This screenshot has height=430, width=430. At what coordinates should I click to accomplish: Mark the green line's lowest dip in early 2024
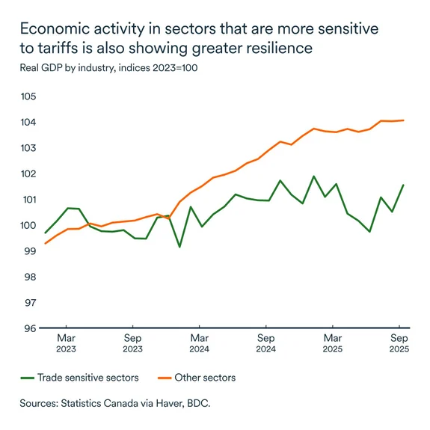point(179,246)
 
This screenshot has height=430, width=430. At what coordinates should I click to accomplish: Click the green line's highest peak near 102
point(313,176)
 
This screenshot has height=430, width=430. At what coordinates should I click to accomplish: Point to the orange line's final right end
point(404,120)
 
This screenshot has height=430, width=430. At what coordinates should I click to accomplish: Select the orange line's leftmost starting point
point(45,243)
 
